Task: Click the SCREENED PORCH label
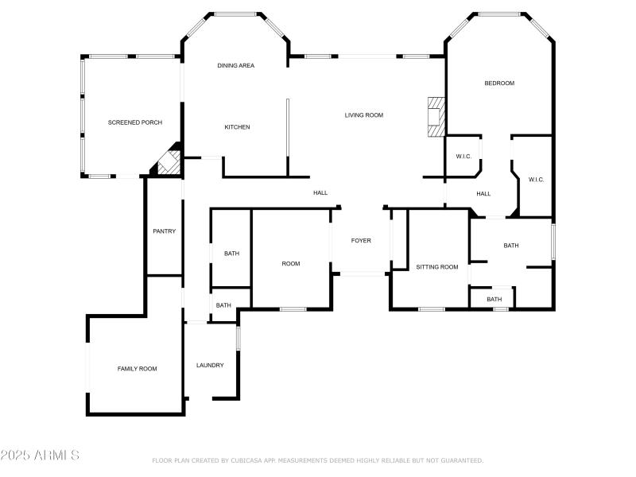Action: [x=135, y=122]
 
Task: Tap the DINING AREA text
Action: [x=235, y=65]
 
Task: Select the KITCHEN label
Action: [x=237, y=127]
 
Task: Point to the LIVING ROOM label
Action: [x=363, y=115]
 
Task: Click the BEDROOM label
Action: [x=499, y=83]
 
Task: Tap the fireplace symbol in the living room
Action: [x=435, y=118]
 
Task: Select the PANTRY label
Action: [x=164, y=231]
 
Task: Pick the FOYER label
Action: [x=361, y=241]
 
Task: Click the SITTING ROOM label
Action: [x=437, y=267]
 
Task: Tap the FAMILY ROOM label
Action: [x=137, y=369]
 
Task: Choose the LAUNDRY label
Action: [x=210, y=366]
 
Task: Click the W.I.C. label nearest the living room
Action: [x=463, y=157]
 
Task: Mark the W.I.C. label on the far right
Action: [x=536, y=180]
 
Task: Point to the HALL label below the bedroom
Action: [x=483, y=194]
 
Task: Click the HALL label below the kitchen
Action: [x=320, y=192]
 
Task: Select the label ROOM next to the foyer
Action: [x=291, y=263]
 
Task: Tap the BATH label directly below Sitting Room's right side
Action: [x=494, y=300]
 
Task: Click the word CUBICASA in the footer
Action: [x=248, y=460]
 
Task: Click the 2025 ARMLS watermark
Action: [x=40, y=456]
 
